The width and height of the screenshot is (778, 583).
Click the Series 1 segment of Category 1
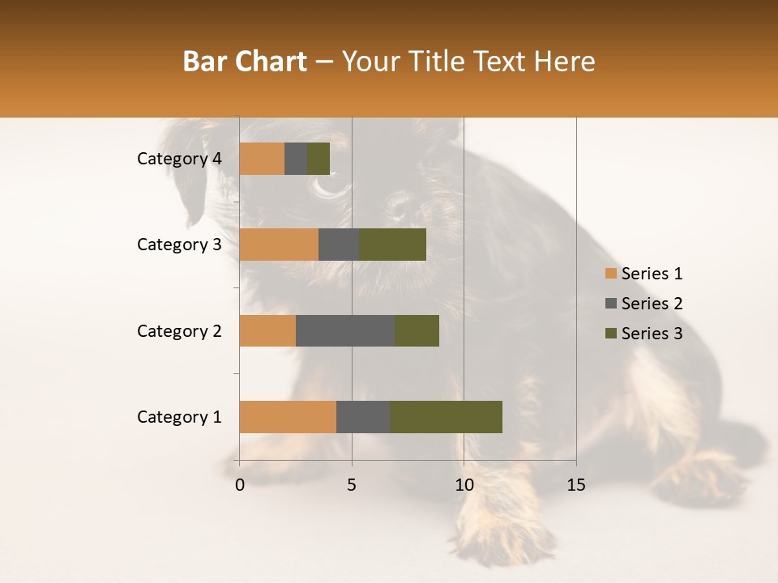pos(288,417)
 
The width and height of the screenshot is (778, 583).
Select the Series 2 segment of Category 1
pos(363,417)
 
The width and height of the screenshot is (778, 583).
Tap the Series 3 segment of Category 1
pos(446,417)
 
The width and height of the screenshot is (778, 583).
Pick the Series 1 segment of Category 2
pos(267,330)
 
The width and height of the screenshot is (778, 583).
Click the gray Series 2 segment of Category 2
pos(345,330)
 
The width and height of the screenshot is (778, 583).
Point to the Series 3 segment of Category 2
pos(417,330)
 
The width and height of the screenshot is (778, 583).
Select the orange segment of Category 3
pos(279,245)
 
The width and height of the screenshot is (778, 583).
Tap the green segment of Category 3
pos(392,245)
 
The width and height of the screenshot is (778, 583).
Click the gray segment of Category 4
pos(296,159)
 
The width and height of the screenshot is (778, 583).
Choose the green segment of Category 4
pos(318,159)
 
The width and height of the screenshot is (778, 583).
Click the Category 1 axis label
pos(179,417)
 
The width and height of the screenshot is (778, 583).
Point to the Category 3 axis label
pos(179,245)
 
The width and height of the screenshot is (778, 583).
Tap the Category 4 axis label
pos(179,159)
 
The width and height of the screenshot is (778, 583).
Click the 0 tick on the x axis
pos(240,485)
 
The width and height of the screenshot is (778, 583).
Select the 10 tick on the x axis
pos(464,485)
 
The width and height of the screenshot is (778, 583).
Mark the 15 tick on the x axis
pos(575,485)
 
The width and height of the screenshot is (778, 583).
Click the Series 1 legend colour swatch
pos(610,274)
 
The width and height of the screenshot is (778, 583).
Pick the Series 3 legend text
pos(652,334)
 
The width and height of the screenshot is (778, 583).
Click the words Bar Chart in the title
pos(245,62)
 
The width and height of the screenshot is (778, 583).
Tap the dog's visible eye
pos(329,186)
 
